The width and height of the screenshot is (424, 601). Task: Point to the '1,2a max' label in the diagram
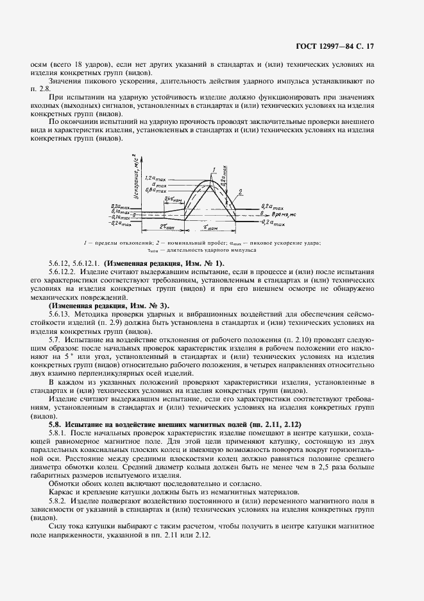click(x=156, y=177)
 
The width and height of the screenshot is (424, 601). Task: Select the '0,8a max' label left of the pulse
click(x=156, y=191)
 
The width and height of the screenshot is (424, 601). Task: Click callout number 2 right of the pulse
click(x=240, y=191)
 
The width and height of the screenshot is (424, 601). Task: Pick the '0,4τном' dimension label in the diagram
click(x=173, y=199)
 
